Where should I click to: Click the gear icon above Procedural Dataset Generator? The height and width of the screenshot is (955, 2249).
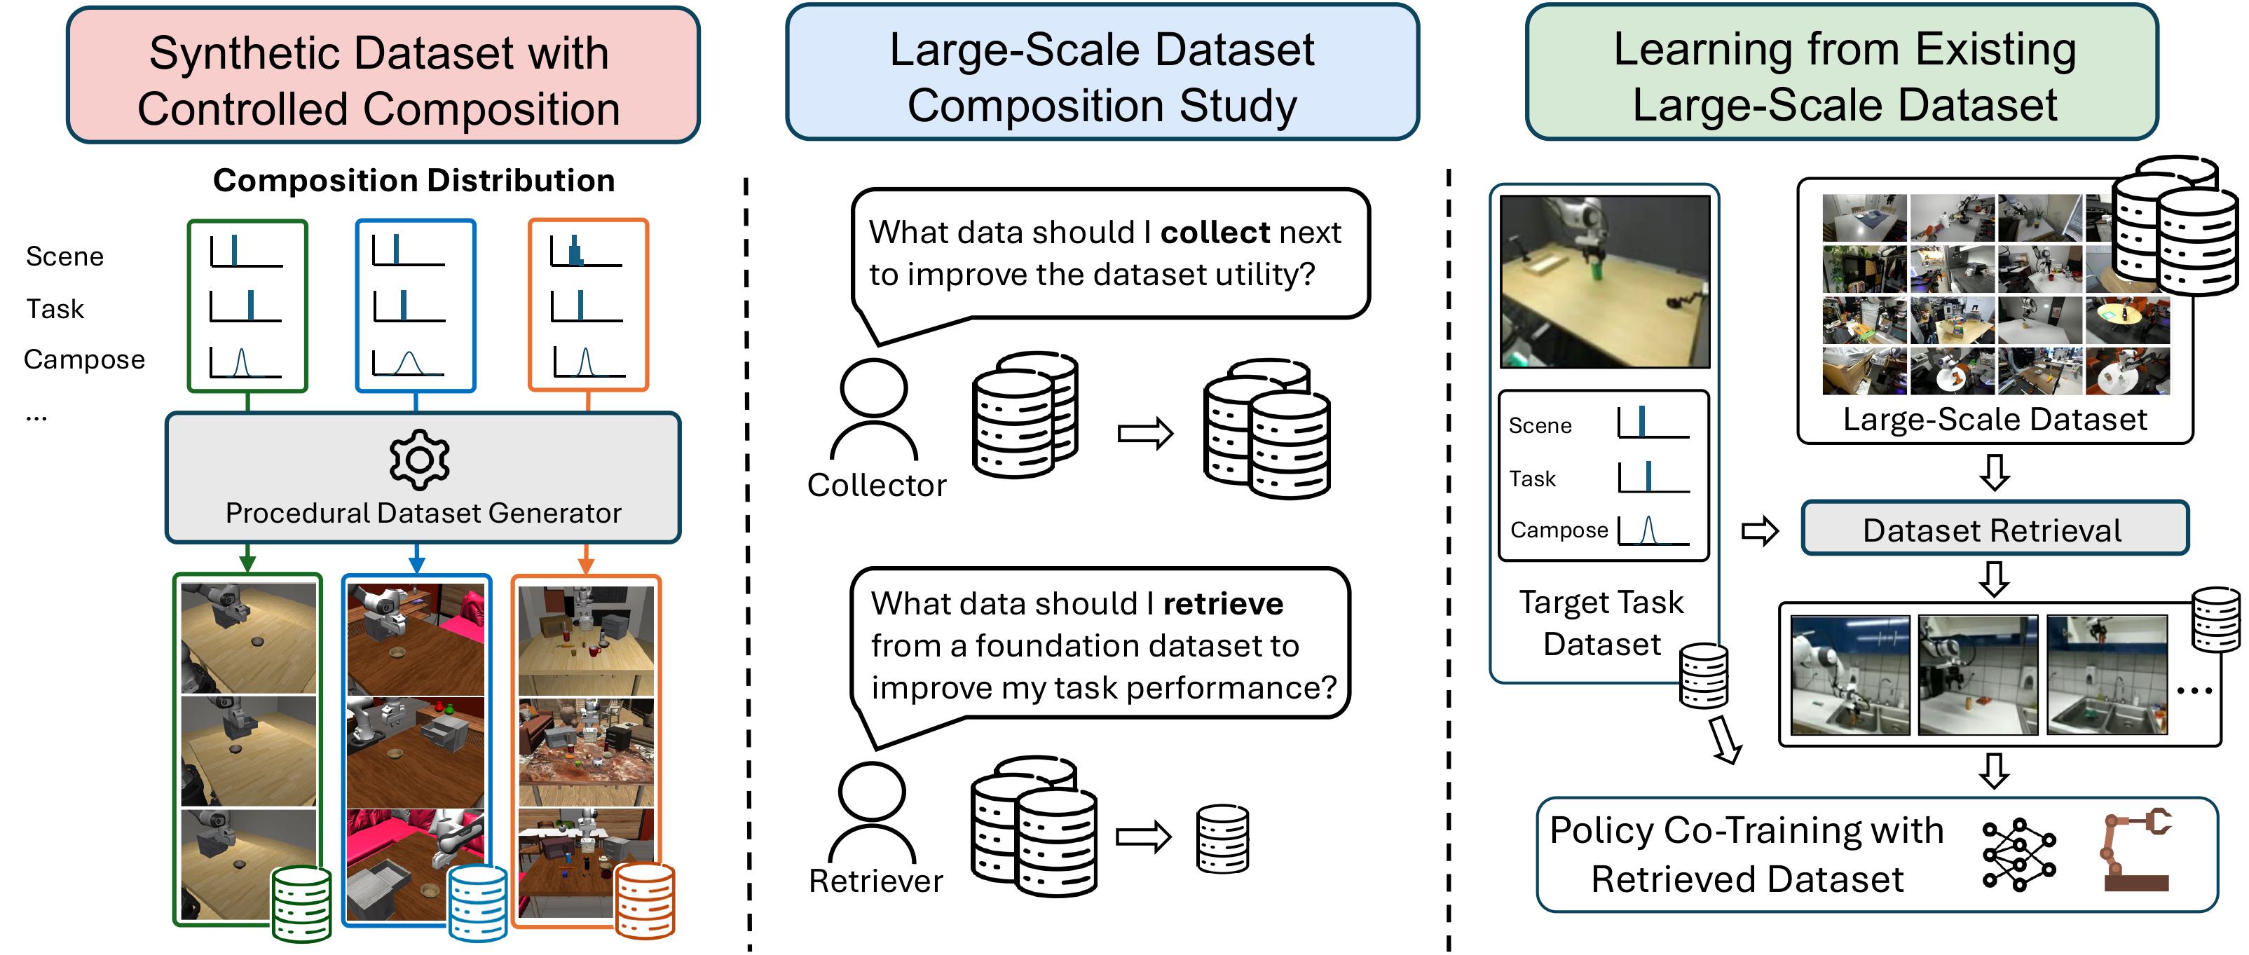(x=420, y=459)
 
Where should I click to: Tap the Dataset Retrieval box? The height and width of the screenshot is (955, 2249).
(x=1994, y=529)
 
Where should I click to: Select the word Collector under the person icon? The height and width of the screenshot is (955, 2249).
(x=877, y=486)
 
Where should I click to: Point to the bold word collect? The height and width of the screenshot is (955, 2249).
(x=1215, y=232)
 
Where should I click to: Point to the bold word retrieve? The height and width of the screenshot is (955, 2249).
(x=1222, y=603)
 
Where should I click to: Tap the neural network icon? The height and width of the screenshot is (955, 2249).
(x=2018, y=855)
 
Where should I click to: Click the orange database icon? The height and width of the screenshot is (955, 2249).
(x=645, y=900)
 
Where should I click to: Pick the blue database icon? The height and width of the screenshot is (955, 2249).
(x=477, y=902)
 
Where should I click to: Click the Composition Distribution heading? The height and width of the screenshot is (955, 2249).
(x=413, y=180)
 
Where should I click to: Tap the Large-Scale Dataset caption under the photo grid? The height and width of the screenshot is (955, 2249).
(x=1994, y=420)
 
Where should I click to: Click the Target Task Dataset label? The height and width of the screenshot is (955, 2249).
(x=1601, y=622)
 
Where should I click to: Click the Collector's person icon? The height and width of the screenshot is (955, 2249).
(x=873, y=408)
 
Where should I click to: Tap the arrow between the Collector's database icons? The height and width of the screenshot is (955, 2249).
(x=1145, y=433)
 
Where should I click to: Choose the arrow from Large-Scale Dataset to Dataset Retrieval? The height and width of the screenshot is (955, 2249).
(x=1994, y=472)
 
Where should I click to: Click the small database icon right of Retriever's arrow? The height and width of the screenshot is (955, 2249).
(x=1222, y=838)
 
